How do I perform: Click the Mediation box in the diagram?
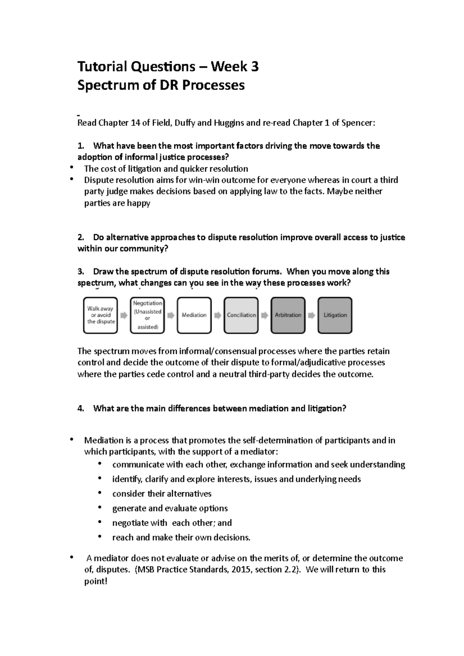click(194, 315)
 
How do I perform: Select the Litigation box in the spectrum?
click(335, 315)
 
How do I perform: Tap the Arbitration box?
click(288, 315)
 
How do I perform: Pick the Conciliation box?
click(241, 315)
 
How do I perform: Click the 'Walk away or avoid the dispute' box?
click(101, 315)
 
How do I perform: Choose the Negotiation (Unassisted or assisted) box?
click(147, 315)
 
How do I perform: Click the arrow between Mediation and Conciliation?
click(218, 316)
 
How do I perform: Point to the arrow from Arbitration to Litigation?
click(312, 316)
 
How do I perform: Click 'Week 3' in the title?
click(235, 67)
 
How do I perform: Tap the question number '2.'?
click(81, 237)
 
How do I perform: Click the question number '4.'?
click(81, 408)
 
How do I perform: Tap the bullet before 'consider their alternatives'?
click(100, 493)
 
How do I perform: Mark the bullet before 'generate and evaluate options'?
click(100, 508)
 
